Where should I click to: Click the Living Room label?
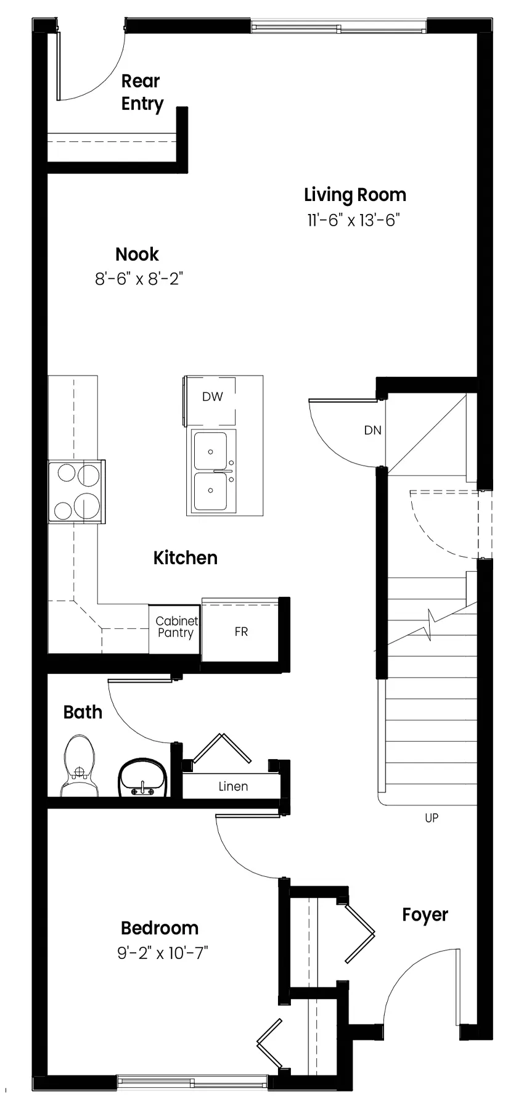(x=355, y=195)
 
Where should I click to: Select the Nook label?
(x=137, y=254)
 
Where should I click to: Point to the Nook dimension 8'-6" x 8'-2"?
(x=139, y=279)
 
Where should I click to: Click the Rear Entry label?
(x=142, y=92)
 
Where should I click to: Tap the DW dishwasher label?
(x=213, y=397)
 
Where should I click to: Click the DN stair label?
(x=373, y=430)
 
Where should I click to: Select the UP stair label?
(x=432, y=818)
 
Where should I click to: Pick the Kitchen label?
(x=186, y=558)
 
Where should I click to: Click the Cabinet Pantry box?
(x=175, y=629)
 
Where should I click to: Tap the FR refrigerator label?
(x=241, y=632)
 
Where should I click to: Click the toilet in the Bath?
(x=80, y=765)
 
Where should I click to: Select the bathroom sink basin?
(x=142, y=778)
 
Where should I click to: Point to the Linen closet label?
(x=233, y=786)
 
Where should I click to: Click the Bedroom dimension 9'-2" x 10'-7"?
(x=163, y=953)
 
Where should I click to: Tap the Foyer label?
(x=425, y=915)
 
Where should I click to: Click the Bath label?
(x=83, y=712)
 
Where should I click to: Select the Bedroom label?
(x=160, y=928)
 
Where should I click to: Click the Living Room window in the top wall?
(x=338, y=27)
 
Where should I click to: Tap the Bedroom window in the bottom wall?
(x=192, y=1082)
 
